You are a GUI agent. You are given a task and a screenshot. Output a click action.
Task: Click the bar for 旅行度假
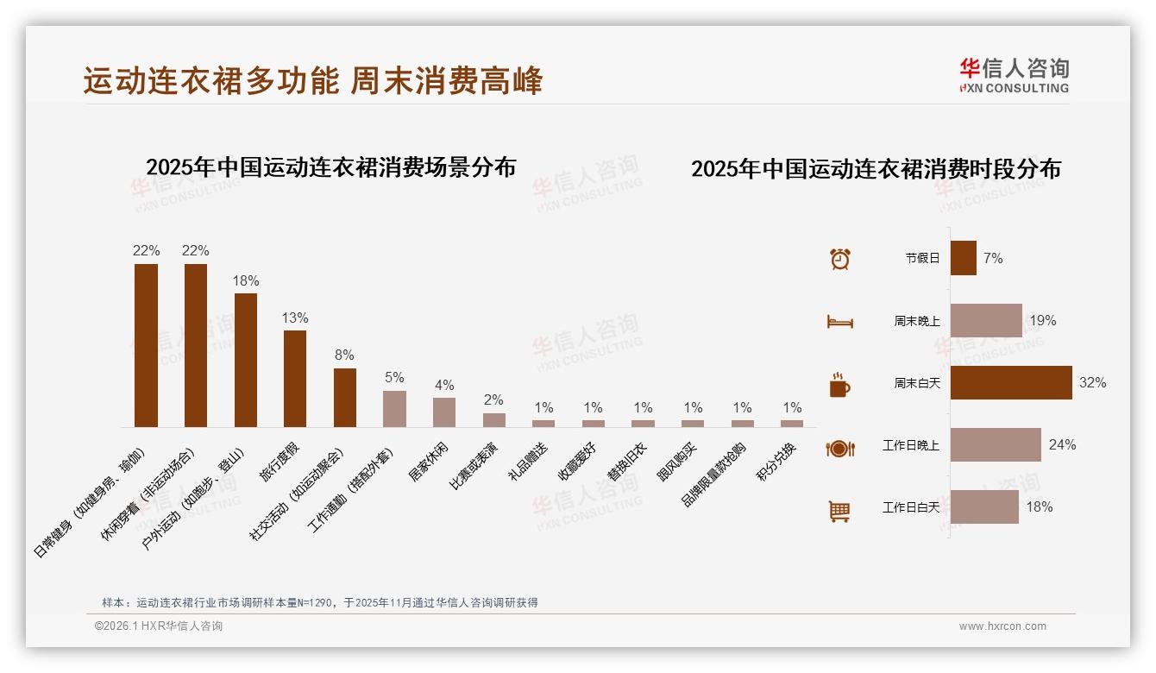coord(295,378)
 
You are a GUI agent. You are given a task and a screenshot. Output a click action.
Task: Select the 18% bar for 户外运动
coord(246,360)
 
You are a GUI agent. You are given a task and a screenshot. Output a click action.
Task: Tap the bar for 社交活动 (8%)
coord(345,397)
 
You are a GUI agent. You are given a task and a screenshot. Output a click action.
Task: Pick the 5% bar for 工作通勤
coord(394,408)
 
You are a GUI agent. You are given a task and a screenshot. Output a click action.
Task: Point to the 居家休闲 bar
coord(444,412)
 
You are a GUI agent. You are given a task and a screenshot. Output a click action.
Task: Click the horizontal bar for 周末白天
coord(1011,382)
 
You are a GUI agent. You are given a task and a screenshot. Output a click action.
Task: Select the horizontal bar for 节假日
coord(964,258)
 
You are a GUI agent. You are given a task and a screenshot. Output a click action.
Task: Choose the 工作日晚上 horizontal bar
coord(996,444)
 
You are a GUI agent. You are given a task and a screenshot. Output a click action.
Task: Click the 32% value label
coord(1092,382)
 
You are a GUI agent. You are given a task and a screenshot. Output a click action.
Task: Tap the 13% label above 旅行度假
coord(295,318)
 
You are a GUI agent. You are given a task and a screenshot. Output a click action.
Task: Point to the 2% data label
coord(494,399)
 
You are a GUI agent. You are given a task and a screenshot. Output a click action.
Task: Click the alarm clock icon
coord(840,258)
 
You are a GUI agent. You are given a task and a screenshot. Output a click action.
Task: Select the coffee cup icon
coord(839,384)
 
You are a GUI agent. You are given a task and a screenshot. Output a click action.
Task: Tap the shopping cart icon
coord(839,511)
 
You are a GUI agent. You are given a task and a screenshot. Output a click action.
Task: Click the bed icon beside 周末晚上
coord(839,322)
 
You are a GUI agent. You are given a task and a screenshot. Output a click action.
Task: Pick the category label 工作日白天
coord(911,506)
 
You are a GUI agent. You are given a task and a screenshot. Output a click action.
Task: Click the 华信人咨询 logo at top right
coord(1015,75)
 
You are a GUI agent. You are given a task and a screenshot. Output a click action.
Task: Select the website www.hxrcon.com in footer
coord(1002,626)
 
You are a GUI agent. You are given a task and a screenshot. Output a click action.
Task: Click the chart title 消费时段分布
coord(876,168)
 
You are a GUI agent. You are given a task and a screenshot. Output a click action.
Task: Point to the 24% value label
coord(1062,444)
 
